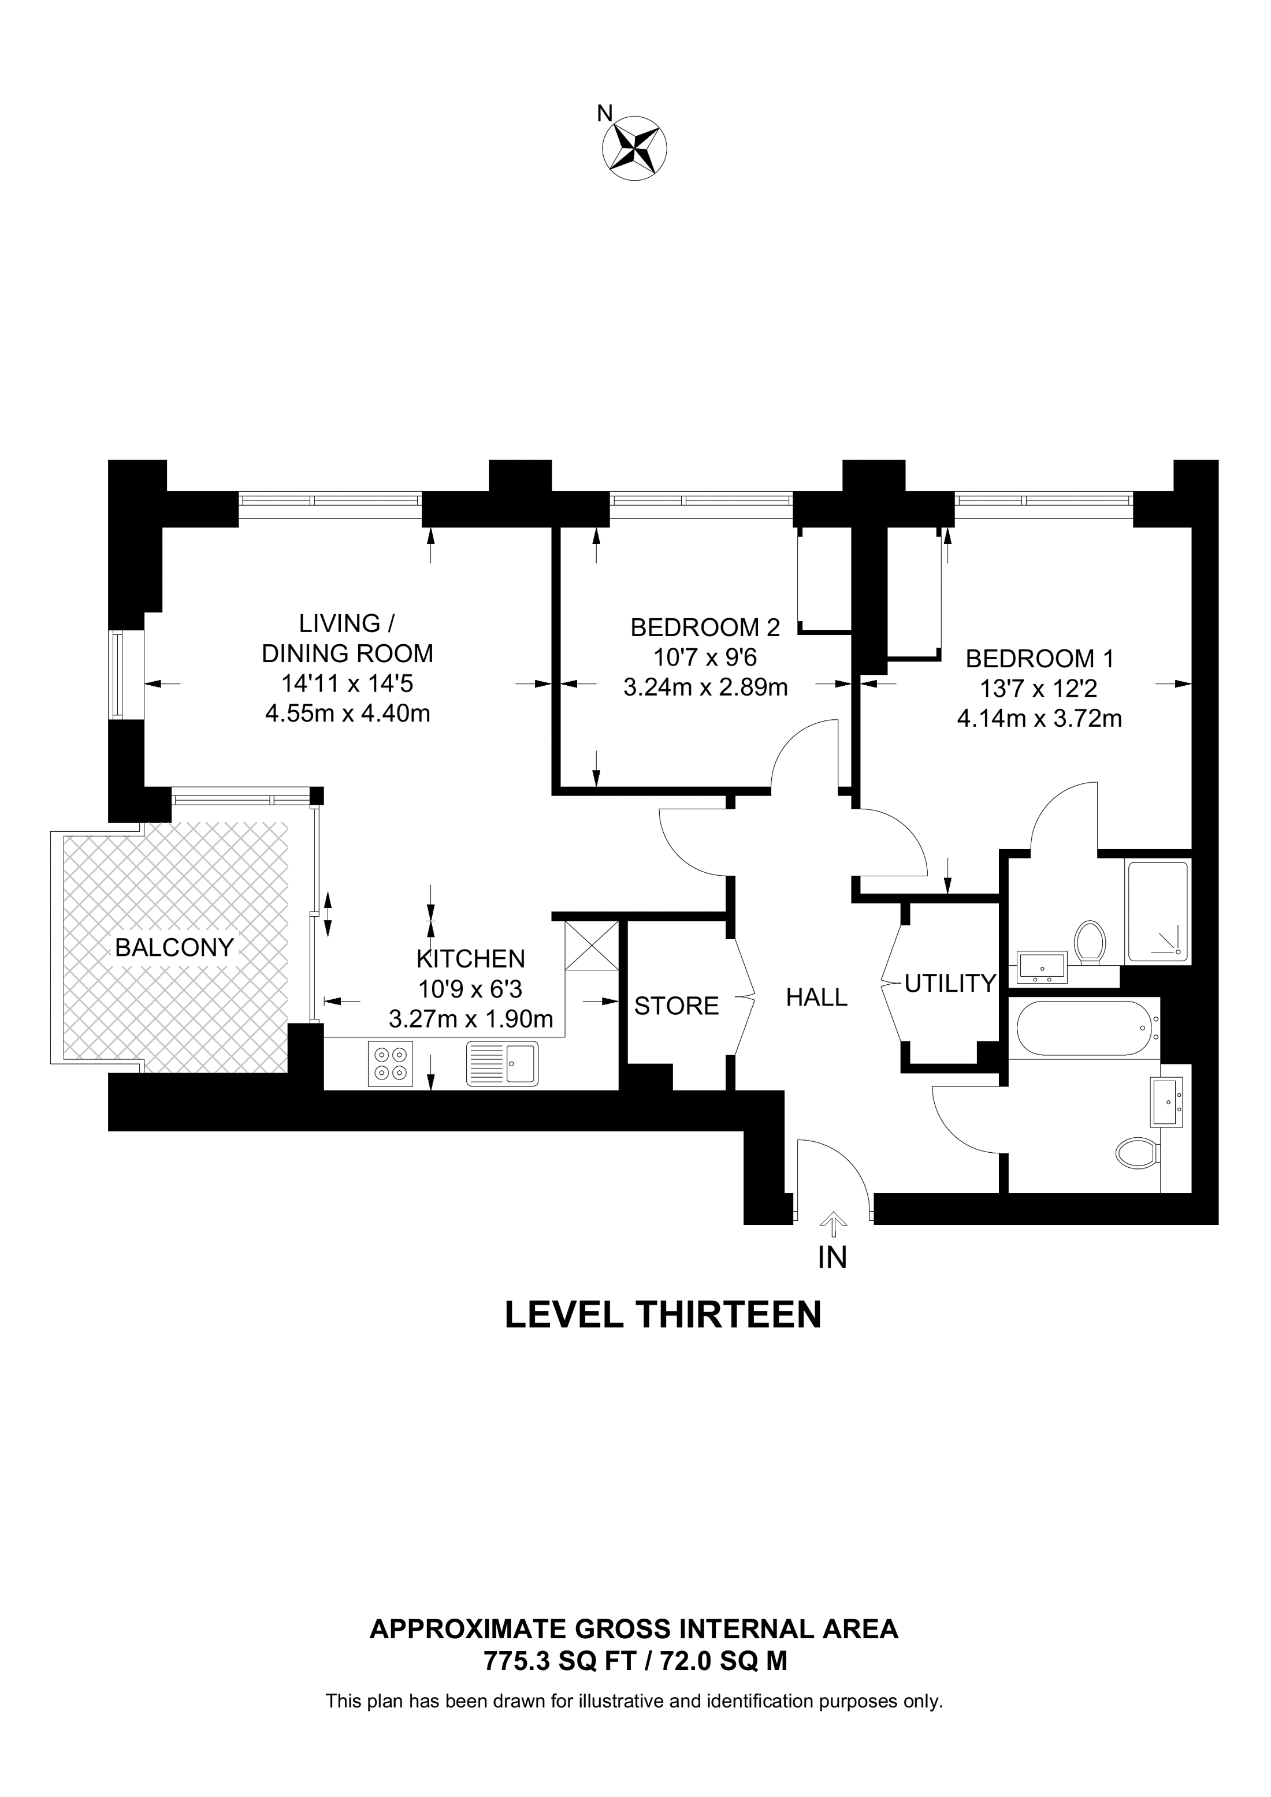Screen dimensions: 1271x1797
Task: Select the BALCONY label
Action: point(174,948)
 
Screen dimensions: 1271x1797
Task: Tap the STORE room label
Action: point(677,1006)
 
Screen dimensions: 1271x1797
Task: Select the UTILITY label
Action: point(950,983)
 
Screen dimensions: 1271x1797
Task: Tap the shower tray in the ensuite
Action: point(1157,912)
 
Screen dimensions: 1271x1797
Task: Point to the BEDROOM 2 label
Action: point(705,627)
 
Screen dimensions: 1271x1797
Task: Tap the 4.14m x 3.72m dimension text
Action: point(1039,718)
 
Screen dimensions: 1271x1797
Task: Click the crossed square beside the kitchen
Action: point(591,946)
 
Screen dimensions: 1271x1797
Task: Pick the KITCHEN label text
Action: point(471,958)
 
